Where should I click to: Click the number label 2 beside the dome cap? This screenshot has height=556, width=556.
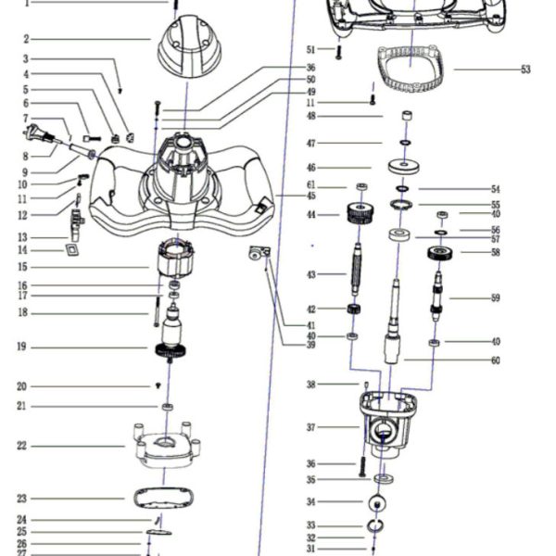[26, 39]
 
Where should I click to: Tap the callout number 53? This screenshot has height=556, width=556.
[525, 69]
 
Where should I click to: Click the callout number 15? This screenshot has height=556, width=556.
[20, 267]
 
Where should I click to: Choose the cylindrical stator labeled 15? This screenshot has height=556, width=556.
[177, 259]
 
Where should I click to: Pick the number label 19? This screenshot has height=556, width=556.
[20, 347]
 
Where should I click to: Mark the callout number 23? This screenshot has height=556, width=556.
[20, 499]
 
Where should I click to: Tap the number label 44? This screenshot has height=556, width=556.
[311, 215]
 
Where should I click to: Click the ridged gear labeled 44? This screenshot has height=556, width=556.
[360, 215]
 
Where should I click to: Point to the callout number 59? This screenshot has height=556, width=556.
[496, 297]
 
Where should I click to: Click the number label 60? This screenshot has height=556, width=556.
[496, 360]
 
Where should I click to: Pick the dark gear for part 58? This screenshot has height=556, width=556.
[439, 253]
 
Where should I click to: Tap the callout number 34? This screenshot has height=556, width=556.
[311, 501]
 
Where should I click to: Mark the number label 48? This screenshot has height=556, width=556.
[311, 116]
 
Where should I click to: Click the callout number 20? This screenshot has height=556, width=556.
[20, 386]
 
